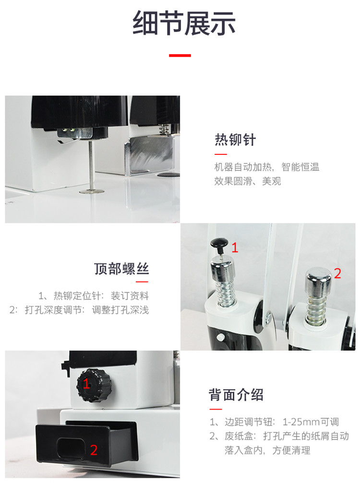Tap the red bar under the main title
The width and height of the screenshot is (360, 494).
pos(180,56)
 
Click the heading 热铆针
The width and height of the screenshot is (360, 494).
pos(235,141)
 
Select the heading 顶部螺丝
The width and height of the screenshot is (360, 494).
pos(121,269)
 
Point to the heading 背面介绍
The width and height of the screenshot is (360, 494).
pos(236,395)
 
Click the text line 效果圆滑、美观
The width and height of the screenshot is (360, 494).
pos(248,181)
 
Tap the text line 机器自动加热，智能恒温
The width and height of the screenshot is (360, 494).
pos(267,167)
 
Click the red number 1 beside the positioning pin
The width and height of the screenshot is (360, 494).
pos(235,248)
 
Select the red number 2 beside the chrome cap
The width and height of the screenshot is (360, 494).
pos(337,274)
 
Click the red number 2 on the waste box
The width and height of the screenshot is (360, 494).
pos(94,450)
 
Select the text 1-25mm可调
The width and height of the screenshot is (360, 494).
pos(311,422)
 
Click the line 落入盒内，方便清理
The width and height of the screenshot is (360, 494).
pos(267,450)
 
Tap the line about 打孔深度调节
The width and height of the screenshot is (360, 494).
pos(80,310)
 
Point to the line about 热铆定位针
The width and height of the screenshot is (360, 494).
pos(94,295)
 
